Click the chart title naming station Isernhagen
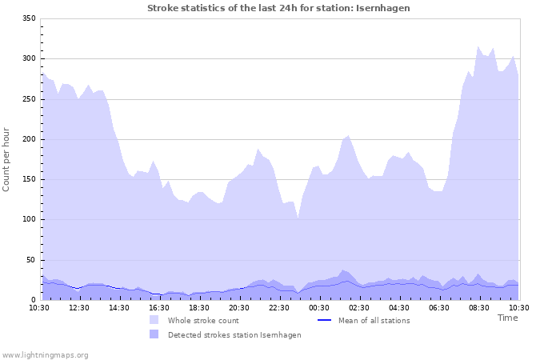click(x=278, y=7)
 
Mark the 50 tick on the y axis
click(x=30, y=260)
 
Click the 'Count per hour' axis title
click(x=7, y=158)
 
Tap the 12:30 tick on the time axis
click(x=79, y=307)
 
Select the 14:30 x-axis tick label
click(x=119, y=307)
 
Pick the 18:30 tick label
click(x=199, y=307)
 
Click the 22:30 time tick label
click(x=279, y=307)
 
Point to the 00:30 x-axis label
click(x=319, y=307)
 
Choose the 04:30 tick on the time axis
click(x=399, y=307)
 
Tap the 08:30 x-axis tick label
click(x=479, y=307)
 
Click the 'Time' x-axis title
click(x=507, y=318)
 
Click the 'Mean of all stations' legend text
click(x=374, y=320)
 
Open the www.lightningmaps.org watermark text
click(x=45, y=354)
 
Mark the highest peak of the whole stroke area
click(x=478, y=46)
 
